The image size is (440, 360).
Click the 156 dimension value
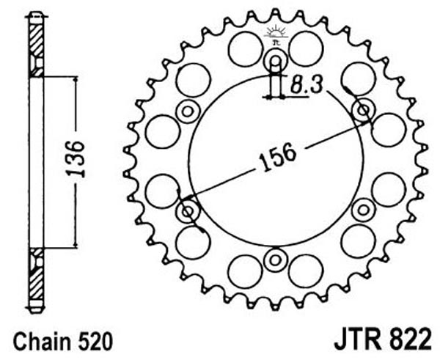pyautogui.click(x=277, y=157)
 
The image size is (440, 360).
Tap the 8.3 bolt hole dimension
pyautogui.click(x=306, y=84)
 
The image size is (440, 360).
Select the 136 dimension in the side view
pyautogui.click(x=76, y=159)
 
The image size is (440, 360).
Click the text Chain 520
pyautogui.click(x=63, y=341)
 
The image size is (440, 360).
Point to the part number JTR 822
pyautogui.click(x=382, y=339)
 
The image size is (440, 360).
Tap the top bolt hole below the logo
pyautogui.click(x=276, y=61)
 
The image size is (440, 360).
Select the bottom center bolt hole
pyautogui.click(x=275, y=260)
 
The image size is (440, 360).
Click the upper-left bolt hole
pyautogui.click(x=187, y=111)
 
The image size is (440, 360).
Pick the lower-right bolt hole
pyautogui.click(x=364, y=210)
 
